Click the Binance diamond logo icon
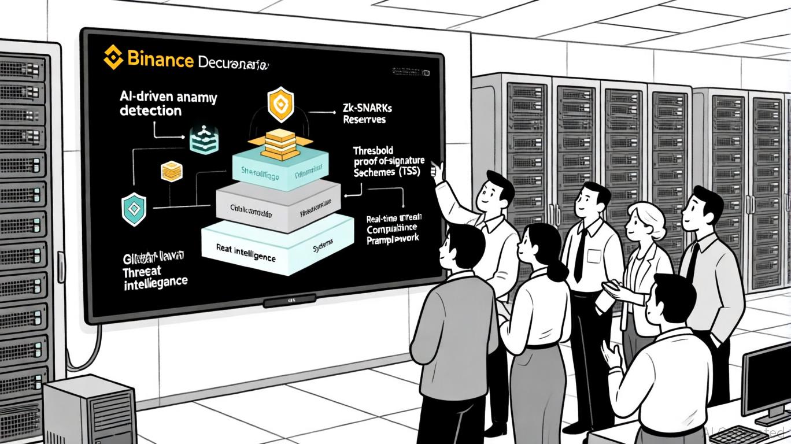(113, 58)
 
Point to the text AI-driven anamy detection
(168, 104)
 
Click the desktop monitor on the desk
(767, 376)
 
